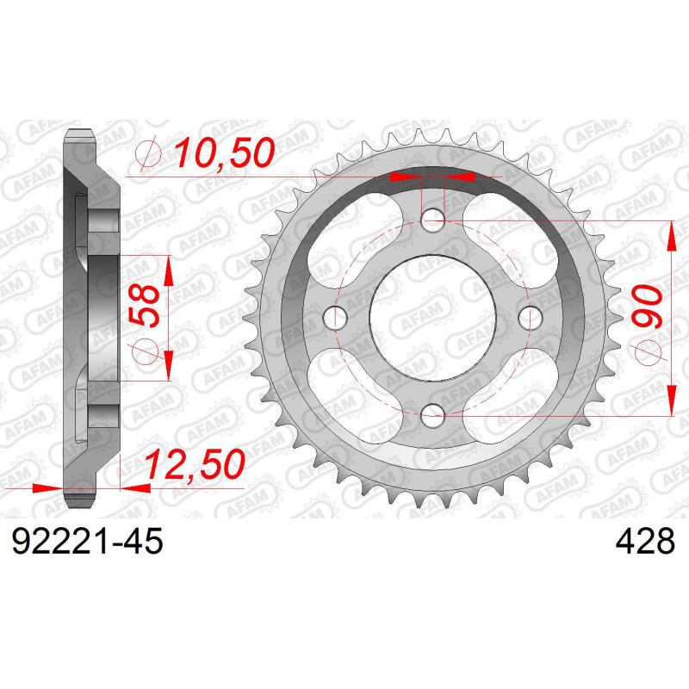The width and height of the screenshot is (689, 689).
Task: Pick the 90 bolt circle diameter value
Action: pos(648,307)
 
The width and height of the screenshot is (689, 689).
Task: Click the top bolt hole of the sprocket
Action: pos(434,222)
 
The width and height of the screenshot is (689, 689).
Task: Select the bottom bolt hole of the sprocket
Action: pos(434,417)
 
